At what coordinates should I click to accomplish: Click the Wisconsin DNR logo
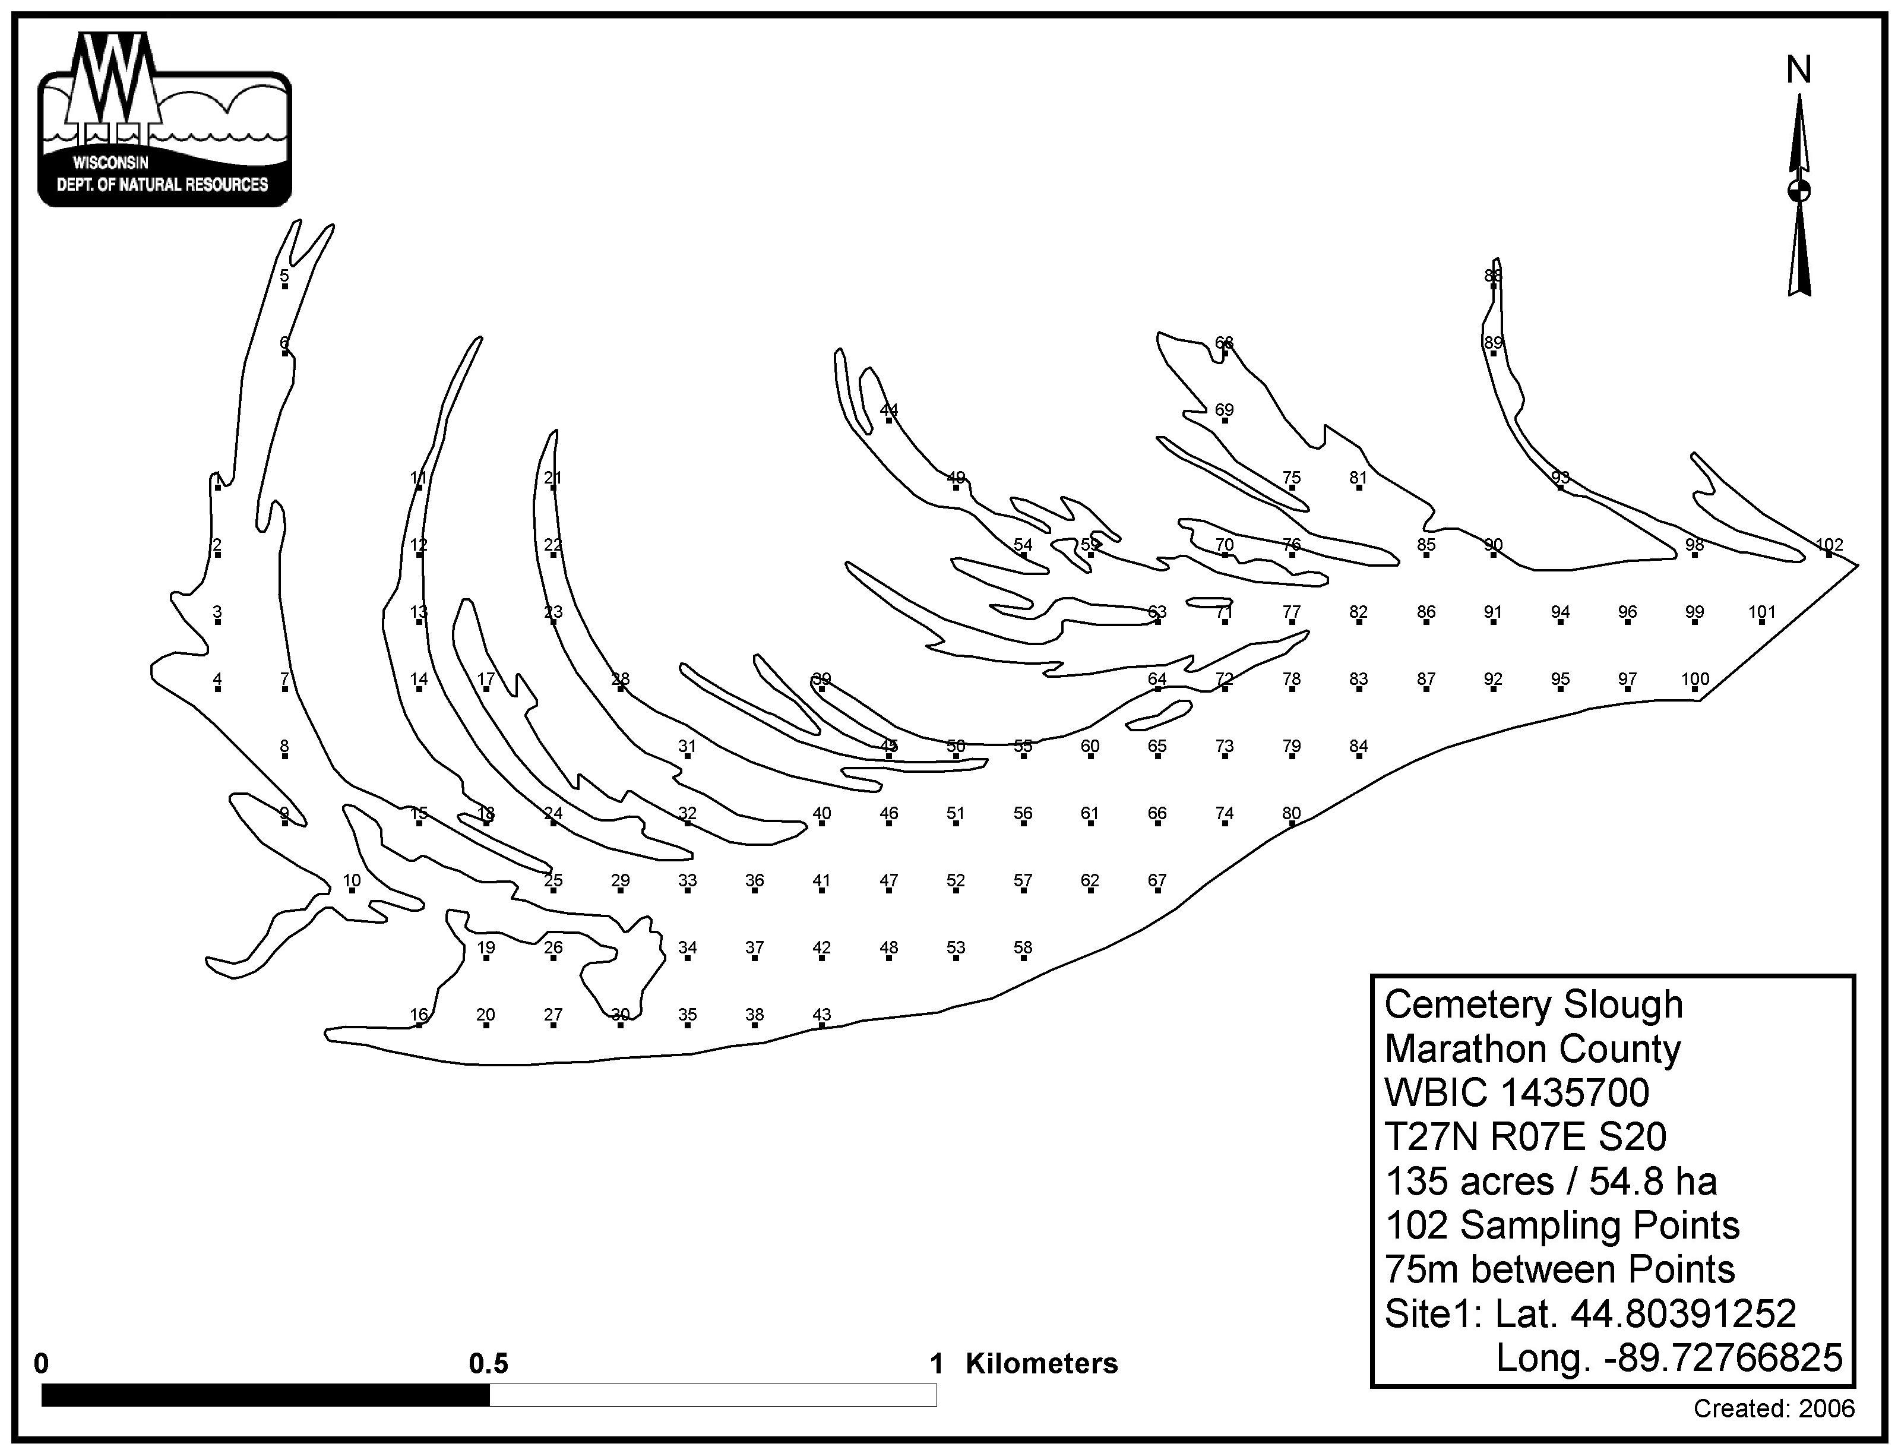pyautogui.click(x=165, y=121)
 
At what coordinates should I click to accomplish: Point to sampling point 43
pyautogui.click(x=821, y=1015)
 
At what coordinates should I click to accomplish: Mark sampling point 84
pyautogui.click(x=1358, y=746)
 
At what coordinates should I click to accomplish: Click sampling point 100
pyautogui.click(x=1695, y=679)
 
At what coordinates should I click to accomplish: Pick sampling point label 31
pyautogui.click(x=687, y=746)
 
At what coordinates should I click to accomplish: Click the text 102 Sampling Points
pyautogui.click(x=1562, y=1225)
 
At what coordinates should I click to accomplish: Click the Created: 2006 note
pyautogui.click(x=1773, y=1409)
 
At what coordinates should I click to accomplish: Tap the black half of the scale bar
pyautogui.click(x=265, y=1395)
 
